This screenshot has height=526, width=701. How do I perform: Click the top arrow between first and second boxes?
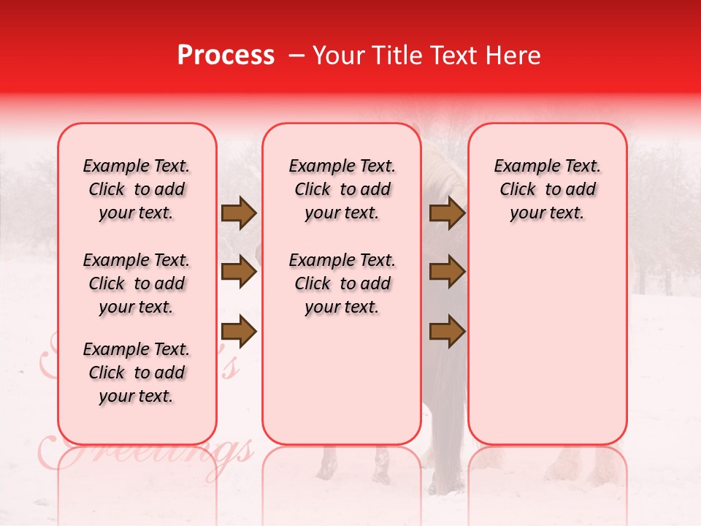coord(239,213)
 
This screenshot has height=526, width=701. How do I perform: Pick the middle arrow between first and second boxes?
coord(239,272)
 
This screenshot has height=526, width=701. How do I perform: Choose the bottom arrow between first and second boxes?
coord(239,332)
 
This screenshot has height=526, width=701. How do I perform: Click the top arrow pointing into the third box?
coord(448,213)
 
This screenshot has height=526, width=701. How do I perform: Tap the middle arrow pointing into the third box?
coord(448,272)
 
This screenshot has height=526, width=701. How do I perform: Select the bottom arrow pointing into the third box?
coord(448,332)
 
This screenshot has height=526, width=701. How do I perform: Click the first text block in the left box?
coord(137,189)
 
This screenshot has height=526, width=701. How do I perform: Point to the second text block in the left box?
coord(137,283)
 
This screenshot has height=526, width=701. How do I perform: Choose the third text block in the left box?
coord(137,373)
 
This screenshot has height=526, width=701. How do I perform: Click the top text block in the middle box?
coord(342,189)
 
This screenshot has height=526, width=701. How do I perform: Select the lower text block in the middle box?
coord(342,283)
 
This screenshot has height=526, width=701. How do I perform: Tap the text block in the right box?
coord(547,189)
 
